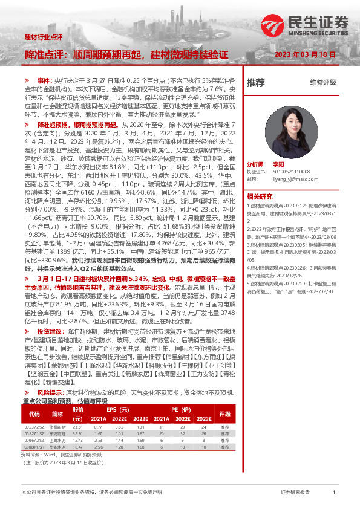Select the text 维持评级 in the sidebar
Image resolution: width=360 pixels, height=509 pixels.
click(x=322, y=83)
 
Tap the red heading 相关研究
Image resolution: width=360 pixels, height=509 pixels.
click(x=261, y=196)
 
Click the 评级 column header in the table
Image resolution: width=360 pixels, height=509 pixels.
click(x=226, y=414)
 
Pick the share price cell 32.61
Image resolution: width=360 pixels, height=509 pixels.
click(x=77, y=433)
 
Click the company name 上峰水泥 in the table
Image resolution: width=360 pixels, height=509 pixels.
click(x=57, y=440)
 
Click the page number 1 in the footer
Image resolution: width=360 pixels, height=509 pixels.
click(x=334, y=493)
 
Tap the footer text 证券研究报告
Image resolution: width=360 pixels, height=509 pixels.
click(x=295, y=493)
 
